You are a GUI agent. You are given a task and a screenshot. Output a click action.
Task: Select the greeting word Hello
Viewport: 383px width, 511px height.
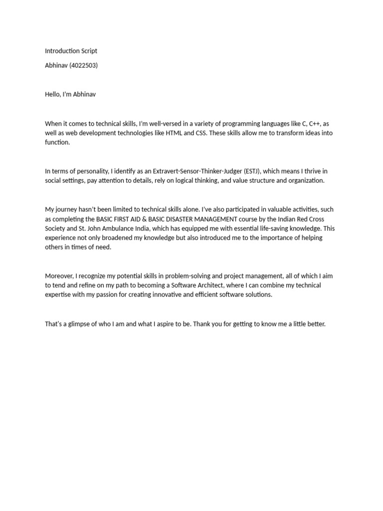click(x=53, y=94)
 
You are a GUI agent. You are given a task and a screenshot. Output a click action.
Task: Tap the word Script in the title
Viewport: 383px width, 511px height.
click(x=90, y=51)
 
